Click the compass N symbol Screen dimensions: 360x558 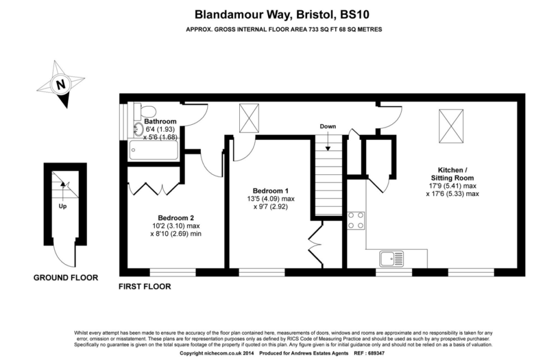(60, 84)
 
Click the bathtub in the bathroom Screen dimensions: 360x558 (153, 150)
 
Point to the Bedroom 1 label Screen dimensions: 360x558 (271, 191)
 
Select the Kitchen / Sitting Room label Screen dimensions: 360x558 (452, 174)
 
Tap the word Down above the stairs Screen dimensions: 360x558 (327, 126)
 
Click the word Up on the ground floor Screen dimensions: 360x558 (63, 206)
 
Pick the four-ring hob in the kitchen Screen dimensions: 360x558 (356, 221)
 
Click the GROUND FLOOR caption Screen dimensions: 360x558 (66, 278)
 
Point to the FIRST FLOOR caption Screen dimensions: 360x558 (144, 286)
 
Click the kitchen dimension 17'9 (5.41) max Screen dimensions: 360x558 (452, 186)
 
